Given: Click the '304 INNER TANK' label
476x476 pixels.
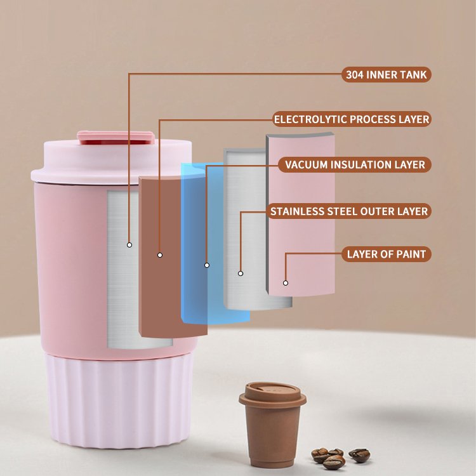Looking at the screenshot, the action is tap(387, 75).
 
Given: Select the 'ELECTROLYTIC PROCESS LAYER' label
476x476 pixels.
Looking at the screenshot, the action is tap(352, 119).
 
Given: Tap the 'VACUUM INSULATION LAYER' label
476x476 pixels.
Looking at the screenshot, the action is tap(355, 164).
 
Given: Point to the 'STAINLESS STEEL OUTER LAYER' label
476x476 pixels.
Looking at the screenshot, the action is tap(349, 211).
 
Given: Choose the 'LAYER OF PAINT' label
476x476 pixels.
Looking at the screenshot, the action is tap(387, 254).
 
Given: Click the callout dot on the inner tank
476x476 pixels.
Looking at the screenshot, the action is tap(129, 245).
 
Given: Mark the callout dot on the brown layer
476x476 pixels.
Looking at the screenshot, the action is tap(160, 255).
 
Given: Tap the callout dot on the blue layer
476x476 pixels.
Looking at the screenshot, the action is tap(207, 265).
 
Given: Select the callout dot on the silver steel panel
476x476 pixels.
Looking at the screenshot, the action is tap(241, 274).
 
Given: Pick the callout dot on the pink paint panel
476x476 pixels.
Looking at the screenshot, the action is tap(286, 283).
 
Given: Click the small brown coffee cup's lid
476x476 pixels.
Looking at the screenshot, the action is tap(272, 393).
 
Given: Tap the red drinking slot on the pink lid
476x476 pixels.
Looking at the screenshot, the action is tap(116, 142).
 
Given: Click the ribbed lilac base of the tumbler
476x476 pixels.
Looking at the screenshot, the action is tap(119, 400).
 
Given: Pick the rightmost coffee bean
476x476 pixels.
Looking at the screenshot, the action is tap(359, 455).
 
